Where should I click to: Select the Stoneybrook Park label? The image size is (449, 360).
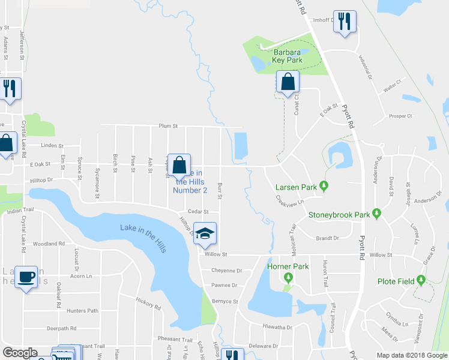tap(339, 214)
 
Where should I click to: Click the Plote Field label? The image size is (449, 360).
tap(397, 281)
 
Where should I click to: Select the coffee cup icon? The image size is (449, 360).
tap(26, 277)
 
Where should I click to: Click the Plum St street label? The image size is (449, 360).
tap(168, 126)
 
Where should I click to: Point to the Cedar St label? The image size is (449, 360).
tap(197, 211)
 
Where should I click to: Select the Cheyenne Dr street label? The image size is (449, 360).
tap(226, 271)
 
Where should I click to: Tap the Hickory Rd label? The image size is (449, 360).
tap(148, 303)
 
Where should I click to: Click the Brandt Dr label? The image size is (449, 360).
tap(327, 238)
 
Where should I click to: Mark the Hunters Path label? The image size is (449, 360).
tap(82, 310)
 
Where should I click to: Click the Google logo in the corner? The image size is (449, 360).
tap(20, 353)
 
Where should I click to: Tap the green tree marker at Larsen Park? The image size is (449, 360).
tap(324, 185)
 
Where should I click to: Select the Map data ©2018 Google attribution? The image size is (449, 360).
tap(411, 355)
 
